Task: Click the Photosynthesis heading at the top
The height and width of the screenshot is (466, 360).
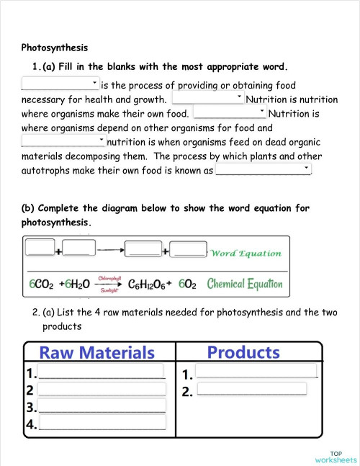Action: pos(55,48)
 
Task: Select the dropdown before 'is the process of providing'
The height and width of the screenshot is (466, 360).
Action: pos(61,84)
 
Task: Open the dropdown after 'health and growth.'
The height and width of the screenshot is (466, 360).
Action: pos(208,99)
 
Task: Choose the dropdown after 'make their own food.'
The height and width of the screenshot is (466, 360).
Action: pos(230,113)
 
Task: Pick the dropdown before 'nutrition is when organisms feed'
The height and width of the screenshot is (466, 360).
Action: pos(63,141)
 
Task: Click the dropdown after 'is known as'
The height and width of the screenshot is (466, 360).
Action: pos(263,170)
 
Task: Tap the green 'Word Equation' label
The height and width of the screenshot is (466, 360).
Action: pos(246,253)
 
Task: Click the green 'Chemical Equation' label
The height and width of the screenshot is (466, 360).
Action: pos(245,284)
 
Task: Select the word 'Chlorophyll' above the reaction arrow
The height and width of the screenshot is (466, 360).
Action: pos(109,277)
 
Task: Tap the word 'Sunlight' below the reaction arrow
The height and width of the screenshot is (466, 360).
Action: pos(109,290)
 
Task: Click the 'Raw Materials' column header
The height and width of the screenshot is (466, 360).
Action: pos(96,353)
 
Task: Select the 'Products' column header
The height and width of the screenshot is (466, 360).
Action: pos(243,352)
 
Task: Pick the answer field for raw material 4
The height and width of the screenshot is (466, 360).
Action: pos(102,423)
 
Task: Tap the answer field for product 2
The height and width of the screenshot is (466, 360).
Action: pos(251,390)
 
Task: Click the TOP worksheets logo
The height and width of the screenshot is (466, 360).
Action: pos(336,456)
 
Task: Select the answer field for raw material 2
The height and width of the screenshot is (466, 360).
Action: pos(102,390)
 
